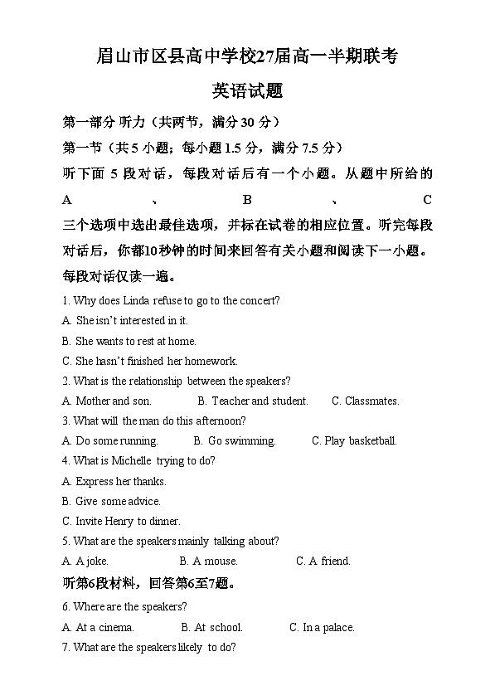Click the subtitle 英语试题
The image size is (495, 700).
[x=247, y=91]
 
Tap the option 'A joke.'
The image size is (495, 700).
[x=91, y=561]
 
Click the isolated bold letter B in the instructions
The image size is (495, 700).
[x=246, y=200]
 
